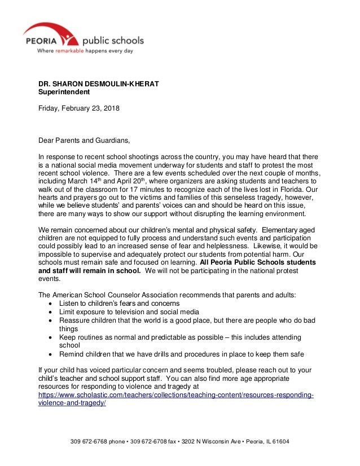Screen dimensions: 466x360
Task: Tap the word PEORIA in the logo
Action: [40, 41]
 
